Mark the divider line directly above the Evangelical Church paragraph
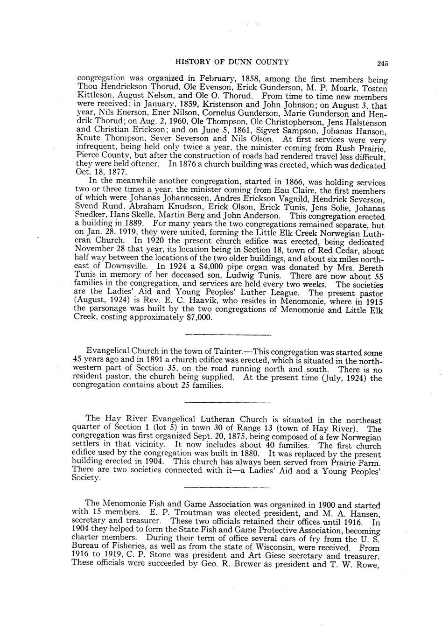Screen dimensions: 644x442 pyautogui.click(x=228, y=335)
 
